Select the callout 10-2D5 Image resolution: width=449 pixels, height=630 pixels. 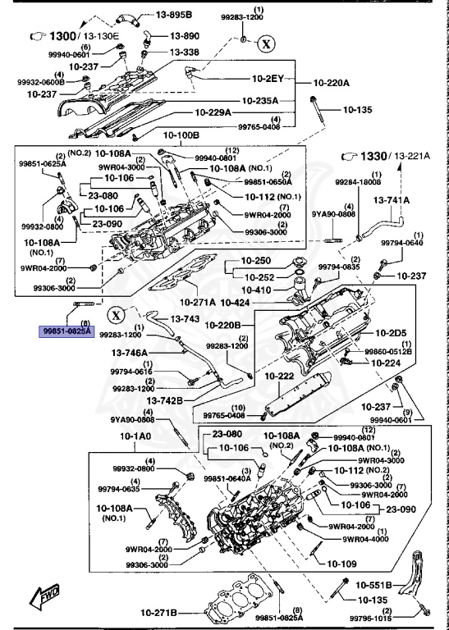391,333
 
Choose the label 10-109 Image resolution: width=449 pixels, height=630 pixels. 343,564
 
